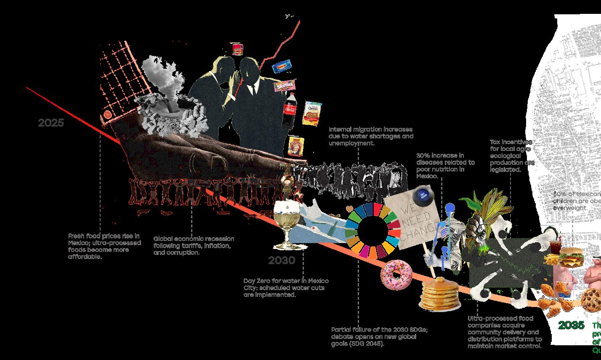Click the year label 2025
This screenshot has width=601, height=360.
51,123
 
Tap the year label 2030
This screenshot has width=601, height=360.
282,260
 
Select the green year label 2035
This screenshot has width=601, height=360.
571,325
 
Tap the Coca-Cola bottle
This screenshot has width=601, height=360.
289,111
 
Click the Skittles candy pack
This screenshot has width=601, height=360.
284,86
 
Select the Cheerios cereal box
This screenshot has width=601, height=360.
312,113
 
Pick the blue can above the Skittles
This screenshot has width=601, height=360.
282,66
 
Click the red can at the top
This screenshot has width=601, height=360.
238,49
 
